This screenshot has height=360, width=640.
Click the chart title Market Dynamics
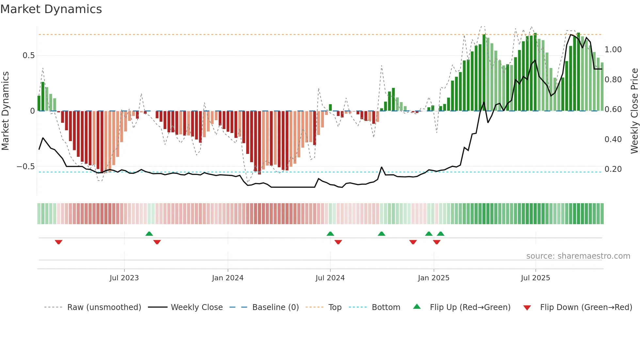tap(51, 9)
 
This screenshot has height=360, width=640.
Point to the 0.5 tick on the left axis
tap(28, 56)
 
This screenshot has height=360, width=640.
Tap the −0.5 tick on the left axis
tap(26, 167)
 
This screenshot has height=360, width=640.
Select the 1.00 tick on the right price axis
tap(613, 50)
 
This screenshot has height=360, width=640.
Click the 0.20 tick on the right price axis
tap(613, 169)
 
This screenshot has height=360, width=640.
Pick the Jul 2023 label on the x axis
tap(124, 278)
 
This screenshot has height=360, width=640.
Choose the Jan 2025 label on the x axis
tap(433, 278)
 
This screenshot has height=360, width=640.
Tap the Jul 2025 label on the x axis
tap(535, 278)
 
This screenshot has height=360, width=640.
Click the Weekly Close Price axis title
tap(634, 111)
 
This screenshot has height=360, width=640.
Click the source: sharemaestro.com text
tap(578, 256)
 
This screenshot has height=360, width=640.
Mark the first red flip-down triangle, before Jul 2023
tap(58, 242)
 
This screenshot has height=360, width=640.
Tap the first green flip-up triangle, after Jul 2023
tap(149, 234)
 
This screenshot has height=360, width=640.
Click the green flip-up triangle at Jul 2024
tap(330, 234)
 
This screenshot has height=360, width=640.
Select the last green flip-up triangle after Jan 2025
tap(440, 234)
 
